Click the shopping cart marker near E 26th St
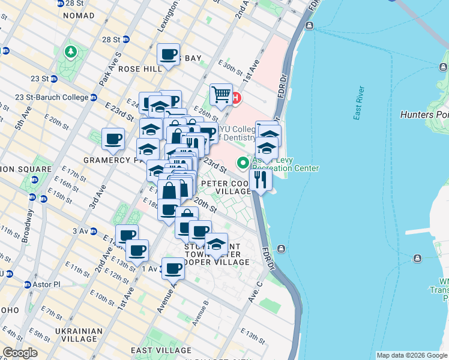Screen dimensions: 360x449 [x=221, y=94]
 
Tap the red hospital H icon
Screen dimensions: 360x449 [x=236, y=97]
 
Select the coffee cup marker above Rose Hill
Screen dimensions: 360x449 [x=169, y=55]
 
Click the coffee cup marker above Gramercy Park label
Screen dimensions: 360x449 [x=113, y=139]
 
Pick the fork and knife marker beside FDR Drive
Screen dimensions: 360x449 [x=261, y=179]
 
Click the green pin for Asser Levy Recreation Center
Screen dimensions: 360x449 [x=243, y=162]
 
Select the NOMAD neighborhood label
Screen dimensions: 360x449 [x=78, y=15]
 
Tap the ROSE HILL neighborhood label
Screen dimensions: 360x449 [x=140, y=69]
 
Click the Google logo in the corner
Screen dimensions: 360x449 [x=20, y=353]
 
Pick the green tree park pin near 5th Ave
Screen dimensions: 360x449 [x=71, y=52]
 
